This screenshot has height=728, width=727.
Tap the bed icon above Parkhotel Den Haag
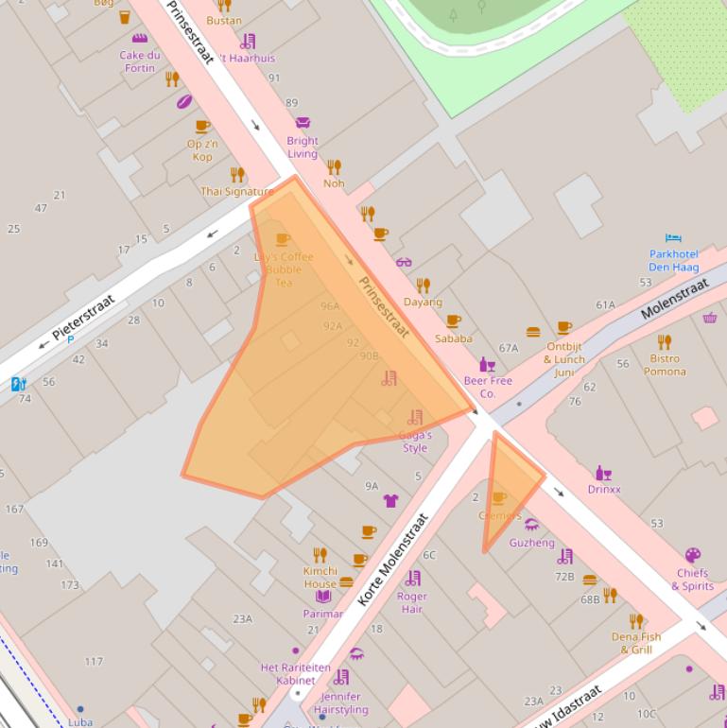click(673, 238)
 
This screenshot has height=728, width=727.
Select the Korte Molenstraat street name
click(393, 560)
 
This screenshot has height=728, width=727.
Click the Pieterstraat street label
click(83, 318)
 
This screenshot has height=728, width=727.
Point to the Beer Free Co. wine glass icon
click(487, 365)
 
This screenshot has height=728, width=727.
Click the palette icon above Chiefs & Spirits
click(693, 556)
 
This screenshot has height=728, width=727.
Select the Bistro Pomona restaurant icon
click(665, 342)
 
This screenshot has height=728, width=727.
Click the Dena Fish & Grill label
click(636, 643)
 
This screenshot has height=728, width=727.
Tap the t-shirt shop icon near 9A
click(390, 500)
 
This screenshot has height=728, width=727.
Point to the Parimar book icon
click(323, 597)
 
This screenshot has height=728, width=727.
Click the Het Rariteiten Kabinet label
click(296, 673)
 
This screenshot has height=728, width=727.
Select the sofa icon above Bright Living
click(303, 123)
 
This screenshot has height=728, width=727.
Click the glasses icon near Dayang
click(404, 262)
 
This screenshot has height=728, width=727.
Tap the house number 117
click(94, 662)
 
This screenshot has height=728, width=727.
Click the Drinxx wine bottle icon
click(603, 473)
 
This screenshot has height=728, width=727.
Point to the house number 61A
click(605, 305)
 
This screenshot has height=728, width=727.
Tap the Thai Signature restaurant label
click(236, 192)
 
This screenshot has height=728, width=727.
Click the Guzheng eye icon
click(531, 525)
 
